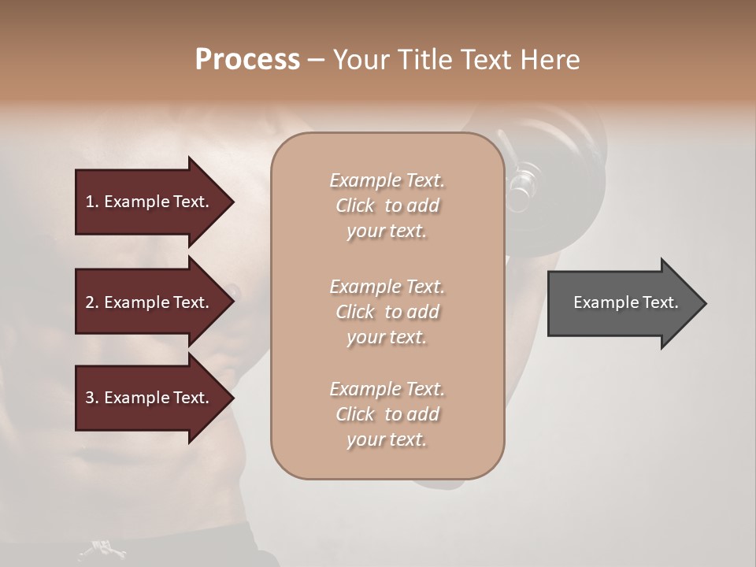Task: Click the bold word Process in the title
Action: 247,60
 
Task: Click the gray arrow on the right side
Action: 622,302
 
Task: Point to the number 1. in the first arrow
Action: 92,202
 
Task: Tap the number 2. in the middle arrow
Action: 92,302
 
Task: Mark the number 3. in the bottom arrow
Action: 92,398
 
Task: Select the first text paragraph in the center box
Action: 387,206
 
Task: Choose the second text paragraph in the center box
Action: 387,312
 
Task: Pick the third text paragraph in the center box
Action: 387,414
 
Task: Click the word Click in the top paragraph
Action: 355,206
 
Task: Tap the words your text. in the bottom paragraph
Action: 387,439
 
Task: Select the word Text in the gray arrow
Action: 660,302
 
